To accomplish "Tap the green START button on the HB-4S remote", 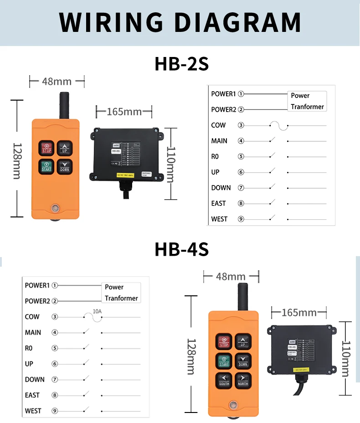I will click(224, 361).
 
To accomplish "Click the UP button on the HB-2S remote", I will click(65, 148).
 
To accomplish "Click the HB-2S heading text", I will click(181, 64).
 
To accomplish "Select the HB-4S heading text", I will click(181, 249).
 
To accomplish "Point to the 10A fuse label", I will click(97, 311).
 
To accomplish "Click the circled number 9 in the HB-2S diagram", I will click(241, 219).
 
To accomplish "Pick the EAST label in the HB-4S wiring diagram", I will click(32, 395).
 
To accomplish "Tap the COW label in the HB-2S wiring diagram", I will click(218, 125).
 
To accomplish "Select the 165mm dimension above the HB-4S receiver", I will click(299, 313).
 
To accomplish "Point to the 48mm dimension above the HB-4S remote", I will click(231, 276).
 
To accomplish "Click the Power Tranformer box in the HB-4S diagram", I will click(121, 293).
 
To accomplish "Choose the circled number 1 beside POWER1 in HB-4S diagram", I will click(55, 285).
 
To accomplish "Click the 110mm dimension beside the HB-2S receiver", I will click(170, 164).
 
